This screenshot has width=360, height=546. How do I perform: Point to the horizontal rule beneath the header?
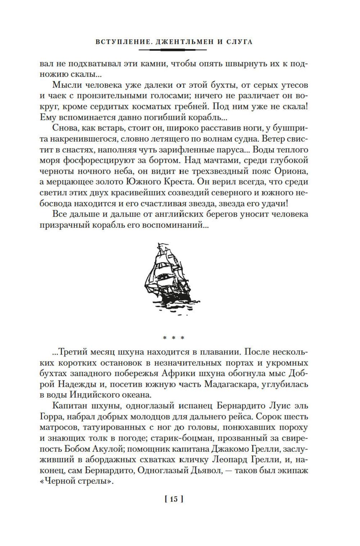click(x=173, y=49)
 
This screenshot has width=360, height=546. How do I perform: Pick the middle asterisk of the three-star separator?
click(x=174, y=338)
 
